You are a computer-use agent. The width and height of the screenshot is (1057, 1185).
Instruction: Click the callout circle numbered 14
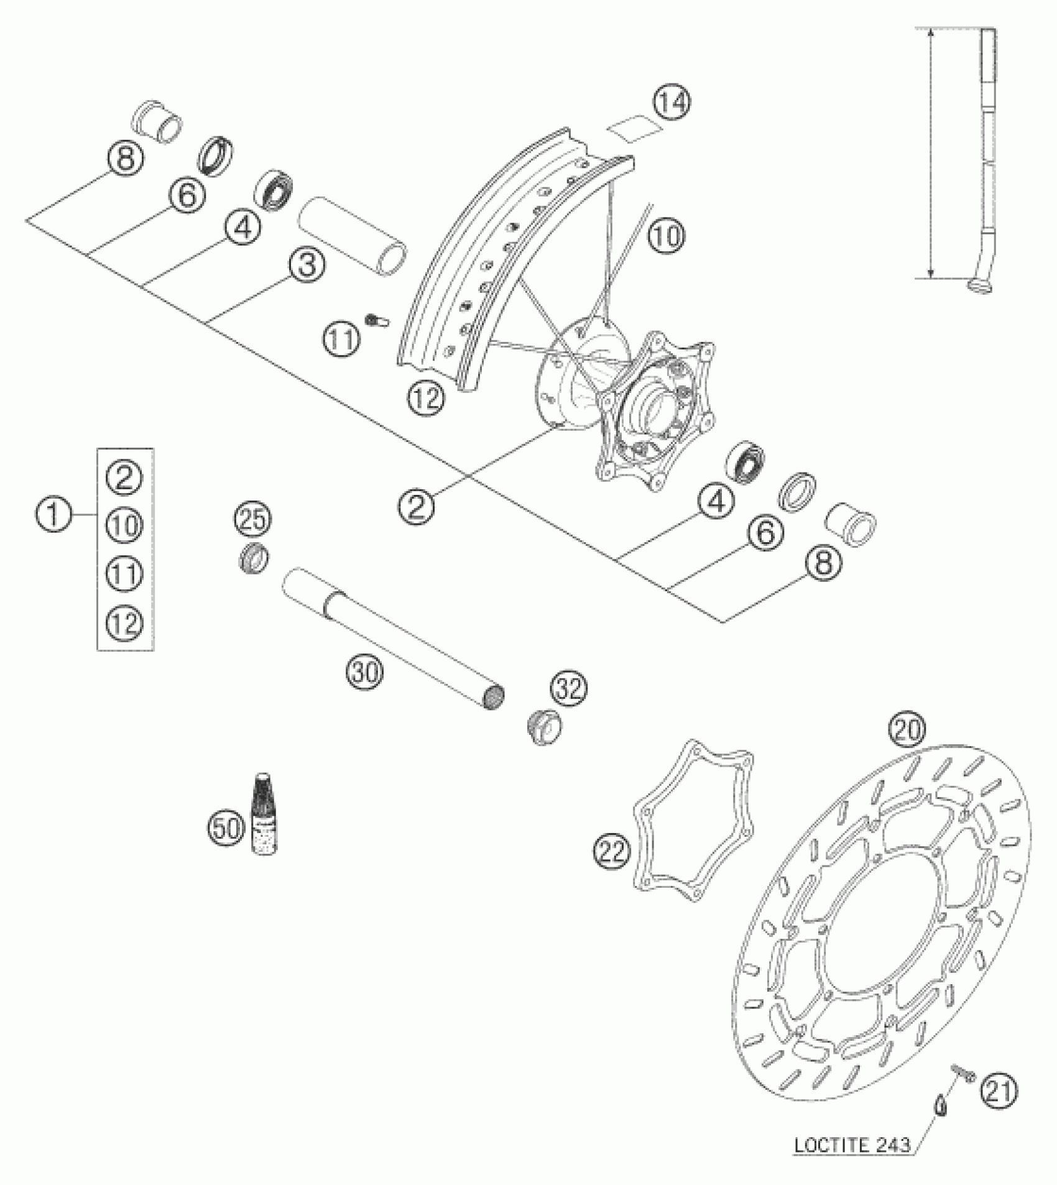(672, 103)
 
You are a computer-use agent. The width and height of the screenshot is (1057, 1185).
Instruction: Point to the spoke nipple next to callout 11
(377, 320)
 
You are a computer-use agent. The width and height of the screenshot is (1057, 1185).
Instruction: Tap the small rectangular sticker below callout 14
(634, 132)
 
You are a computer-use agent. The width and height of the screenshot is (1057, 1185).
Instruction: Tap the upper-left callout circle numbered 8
(125, 159)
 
